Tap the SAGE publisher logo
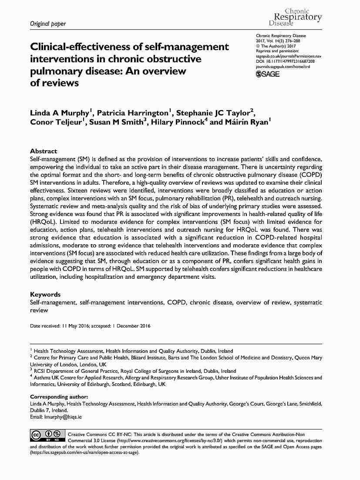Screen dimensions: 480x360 (268, 74)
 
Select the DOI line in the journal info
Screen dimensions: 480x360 (285, 61)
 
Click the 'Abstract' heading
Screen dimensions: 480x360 (43, 151)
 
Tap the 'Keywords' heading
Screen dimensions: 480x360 (45, 294)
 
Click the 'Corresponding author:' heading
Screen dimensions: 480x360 (59, 397)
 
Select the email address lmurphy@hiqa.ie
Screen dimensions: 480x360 (63, 417)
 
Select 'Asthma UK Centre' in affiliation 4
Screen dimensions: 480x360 (54, 378)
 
